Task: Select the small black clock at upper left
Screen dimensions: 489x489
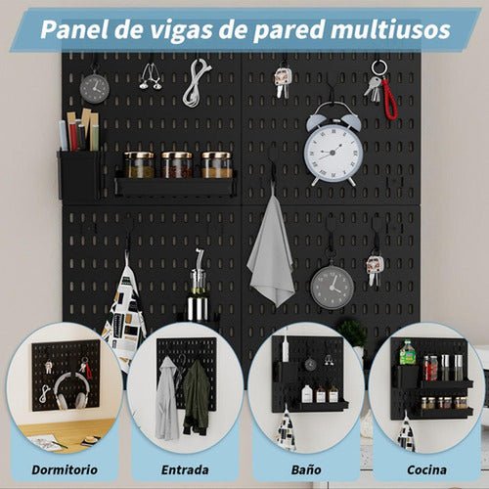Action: click(x=94, y=88)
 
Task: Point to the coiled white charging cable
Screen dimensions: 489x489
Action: click(x=197, y=82)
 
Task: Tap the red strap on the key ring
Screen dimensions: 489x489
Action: click(x=389, y=98)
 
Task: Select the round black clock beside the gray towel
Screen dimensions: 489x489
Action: click(x=333, y=286)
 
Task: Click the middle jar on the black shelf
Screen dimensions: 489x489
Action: click(x=177, y=164)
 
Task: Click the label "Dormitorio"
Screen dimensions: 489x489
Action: click(x=66, y=469)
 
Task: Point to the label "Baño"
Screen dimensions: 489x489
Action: click(x=306, y=469)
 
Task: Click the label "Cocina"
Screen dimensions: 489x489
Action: click(x=426, y=469)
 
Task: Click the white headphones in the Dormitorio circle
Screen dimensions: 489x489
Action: click(x=67, y=392)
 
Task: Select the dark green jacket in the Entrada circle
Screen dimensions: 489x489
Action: click(x=196, y=397)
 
